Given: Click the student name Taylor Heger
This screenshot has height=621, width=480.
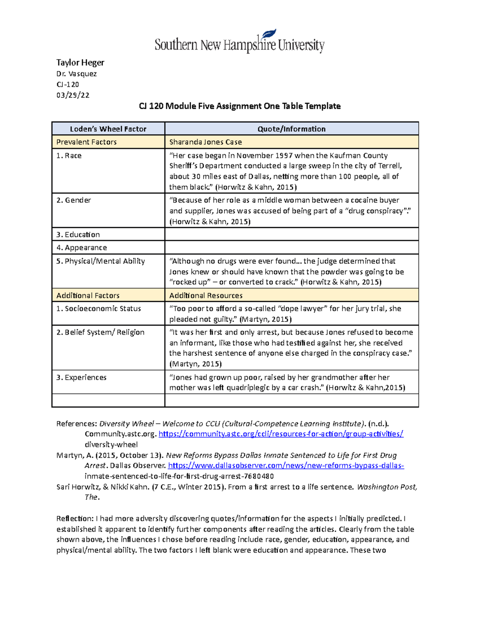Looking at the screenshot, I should [x=80, y=62].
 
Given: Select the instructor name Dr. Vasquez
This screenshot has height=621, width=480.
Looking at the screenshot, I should [x=76, y=74].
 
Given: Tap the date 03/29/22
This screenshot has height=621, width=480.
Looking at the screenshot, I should [x=73, y=95].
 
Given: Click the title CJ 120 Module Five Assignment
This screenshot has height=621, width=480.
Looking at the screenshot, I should [x=239, y=106].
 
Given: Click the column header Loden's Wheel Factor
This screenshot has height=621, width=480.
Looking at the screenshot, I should [x=108, y=129].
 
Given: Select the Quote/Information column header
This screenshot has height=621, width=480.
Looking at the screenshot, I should [x=291, y=129].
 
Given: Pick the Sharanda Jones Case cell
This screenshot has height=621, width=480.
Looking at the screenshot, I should [x=206, y=142].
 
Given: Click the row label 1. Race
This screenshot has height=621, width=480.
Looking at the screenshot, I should [x=69, y=156].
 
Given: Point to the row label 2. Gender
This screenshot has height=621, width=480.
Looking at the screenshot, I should [x=74, y=200].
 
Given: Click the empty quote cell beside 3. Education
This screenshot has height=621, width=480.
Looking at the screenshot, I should [x=291, y=234].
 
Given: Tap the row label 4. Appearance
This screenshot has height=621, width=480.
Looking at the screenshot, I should [x=82, y=248].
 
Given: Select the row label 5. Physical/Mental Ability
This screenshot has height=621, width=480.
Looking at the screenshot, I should [x=100, y=261].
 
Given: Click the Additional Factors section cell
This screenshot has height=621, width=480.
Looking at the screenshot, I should [x=88, y=296].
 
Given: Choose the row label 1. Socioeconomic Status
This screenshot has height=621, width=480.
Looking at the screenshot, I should [x=98, y=308].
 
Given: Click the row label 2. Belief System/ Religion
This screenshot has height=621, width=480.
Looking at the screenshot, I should [x=100, y=332].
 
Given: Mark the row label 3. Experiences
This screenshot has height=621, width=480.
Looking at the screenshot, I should [x=81, y=377].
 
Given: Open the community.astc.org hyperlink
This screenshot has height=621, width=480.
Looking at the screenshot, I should [x=281, y=434].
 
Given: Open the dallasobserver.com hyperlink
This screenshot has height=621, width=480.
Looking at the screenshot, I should [x=286, y=465].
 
